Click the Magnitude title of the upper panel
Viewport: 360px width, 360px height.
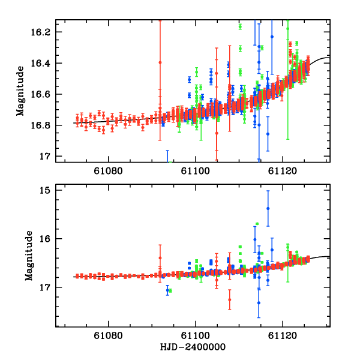(21, 91)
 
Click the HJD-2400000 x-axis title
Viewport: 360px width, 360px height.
(194, 348)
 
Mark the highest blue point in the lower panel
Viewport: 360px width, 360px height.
(268, 208)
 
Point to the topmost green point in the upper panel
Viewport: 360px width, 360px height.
(240, 26)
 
